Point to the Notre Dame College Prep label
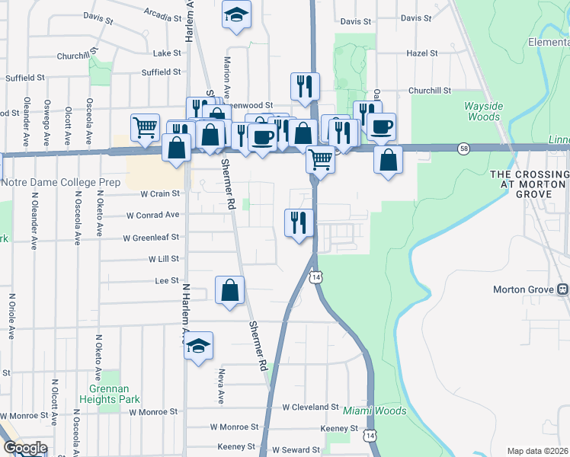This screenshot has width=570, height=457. (x=61, y=183)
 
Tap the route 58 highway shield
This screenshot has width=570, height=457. (x=463, y=148)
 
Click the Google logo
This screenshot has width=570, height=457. (x=25, y=448)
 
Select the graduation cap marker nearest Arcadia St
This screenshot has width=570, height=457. (x=236, y=14)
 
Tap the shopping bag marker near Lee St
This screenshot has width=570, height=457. (x=229, y=290)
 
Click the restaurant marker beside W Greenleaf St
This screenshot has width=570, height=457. (x=298, y=222)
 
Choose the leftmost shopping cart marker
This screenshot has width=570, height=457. (x=145, y=126)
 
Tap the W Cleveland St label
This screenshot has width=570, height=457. (x=310, y=407)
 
